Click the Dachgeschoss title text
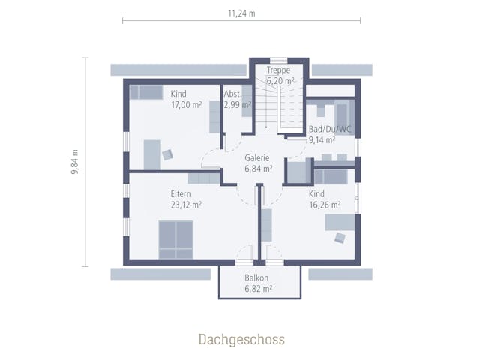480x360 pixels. [x=241, y=340]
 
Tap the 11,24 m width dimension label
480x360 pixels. [x=241, y=13]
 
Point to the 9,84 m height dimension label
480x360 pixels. [x=75, y=162]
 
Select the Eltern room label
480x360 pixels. [x=181, y=194]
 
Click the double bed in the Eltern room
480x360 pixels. [x=175, y=240]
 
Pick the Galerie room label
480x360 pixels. [x=257, y=158]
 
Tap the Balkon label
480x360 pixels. [x=256, y=278]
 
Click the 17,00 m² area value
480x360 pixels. [x=187, y=105]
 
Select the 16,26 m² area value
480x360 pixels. [x=325, y=205]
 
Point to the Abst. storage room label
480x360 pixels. [x=233, y=94]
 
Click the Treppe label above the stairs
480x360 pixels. [x=278, y=70]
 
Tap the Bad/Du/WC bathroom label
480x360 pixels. [x=330, y=129]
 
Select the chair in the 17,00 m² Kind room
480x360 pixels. [x=168, y=154]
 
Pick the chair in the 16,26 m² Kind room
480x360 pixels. [x=340, y=238]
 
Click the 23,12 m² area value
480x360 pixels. [x=186, y=205]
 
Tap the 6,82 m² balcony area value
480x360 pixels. [x=259, y=289]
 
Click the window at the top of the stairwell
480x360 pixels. [x=278, y=60]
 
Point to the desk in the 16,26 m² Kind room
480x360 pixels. [x=340, y=222]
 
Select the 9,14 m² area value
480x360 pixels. [x=322, y=140]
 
